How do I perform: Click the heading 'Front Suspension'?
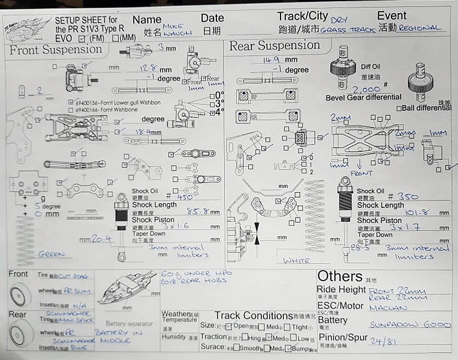[56, 50]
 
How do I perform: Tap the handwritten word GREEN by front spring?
[51, 254]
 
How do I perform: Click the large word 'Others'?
[340, 276]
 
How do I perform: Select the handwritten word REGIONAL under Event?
[419, 27]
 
